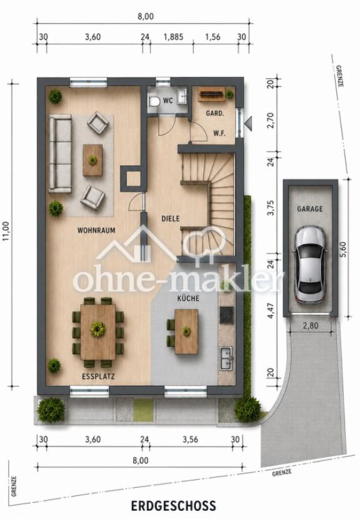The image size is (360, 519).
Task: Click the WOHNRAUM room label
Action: (96, 230)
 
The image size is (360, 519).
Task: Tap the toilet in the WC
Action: (154, 101)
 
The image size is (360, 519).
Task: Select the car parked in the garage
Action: (311, 265)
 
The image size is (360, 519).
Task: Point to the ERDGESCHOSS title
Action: (173, 506)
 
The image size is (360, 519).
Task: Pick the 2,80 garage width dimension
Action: (311, 326)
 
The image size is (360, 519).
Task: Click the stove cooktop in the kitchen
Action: (227, 315)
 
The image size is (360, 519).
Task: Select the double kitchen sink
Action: (227, 358)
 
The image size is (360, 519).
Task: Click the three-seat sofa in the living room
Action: (60, 154)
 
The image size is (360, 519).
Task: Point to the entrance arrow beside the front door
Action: (248, 123)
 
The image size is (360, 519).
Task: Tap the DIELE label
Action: (171, 219)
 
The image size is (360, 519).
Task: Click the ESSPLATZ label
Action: (98, 376)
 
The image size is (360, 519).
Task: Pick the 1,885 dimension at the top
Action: (173, 36)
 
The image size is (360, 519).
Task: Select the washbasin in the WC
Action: (182, 96)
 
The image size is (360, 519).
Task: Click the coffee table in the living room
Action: (92, 161)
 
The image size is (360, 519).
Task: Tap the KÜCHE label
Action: (188, 298)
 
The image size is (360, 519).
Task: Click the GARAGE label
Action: (310, 209)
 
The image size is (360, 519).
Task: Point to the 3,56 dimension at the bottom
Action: (190, 440)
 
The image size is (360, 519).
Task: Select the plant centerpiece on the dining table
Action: (98, 330)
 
